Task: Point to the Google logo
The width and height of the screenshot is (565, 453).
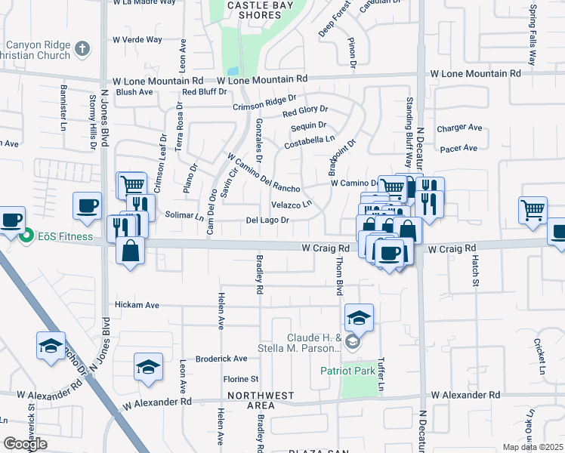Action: (25, 444)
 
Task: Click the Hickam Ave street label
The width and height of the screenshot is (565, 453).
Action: (137, 305)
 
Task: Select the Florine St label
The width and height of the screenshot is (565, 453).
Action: (241, 378)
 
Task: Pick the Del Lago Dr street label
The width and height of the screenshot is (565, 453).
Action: (268, 220)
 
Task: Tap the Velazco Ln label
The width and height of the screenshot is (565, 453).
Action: (292, 205)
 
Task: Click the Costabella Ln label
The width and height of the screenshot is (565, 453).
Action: (309, 141)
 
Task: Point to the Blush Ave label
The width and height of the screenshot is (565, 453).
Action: (135, 92)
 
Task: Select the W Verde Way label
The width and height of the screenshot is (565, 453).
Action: (137, 39)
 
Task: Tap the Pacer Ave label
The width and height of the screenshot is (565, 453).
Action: (461, 148)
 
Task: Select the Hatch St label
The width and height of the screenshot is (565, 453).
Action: (475, 270)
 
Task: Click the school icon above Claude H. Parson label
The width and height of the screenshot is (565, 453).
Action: (359, 317)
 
